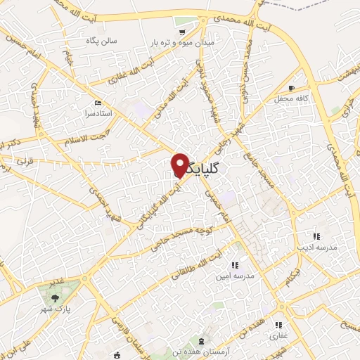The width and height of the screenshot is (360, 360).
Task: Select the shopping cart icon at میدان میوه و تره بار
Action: (182, 32)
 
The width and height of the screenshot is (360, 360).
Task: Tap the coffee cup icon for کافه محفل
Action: (291, 89)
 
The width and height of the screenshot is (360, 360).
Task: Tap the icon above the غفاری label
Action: (278, 325)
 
